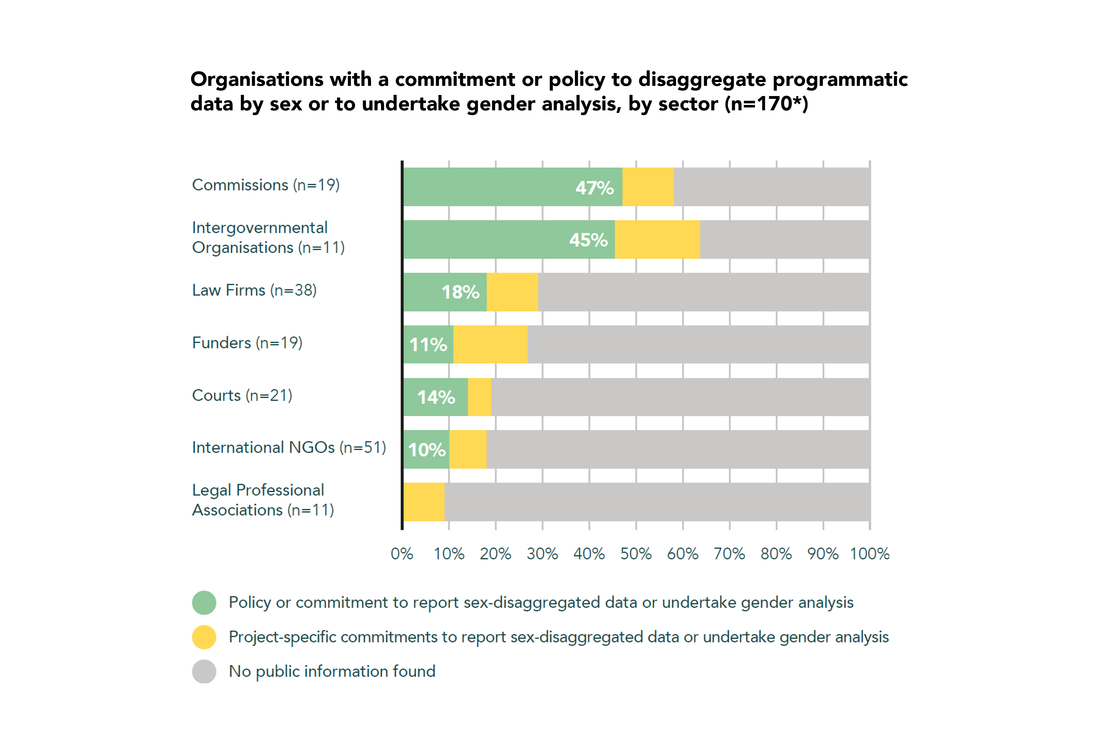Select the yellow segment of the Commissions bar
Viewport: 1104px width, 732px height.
pos(648,187)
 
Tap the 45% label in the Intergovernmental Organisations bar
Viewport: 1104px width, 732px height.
pos(588,240)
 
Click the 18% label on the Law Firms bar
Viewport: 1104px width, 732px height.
pos(460,292)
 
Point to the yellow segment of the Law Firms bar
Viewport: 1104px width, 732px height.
pos(512,292)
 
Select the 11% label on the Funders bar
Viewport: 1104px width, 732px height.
pos(428,345)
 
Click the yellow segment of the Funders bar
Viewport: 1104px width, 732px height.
pos(490,344)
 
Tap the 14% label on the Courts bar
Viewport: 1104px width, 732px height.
pos(436,397)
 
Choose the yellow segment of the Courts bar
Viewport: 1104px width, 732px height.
pos(479,397)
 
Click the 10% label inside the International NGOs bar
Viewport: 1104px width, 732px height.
pos(427,450)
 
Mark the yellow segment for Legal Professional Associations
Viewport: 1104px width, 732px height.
pos(423,502)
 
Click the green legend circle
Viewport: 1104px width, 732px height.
pos(204,603)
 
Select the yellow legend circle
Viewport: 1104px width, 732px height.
pos(204,637)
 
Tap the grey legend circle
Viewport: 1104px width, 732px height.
pos(204,671)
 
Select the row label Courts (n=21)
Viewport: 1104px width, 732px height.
pos(242,395)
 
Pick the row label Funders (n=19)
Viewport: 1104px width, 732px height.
pos(247,343)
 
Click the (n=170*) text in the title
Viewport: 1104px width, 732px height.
pos(766,104)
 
